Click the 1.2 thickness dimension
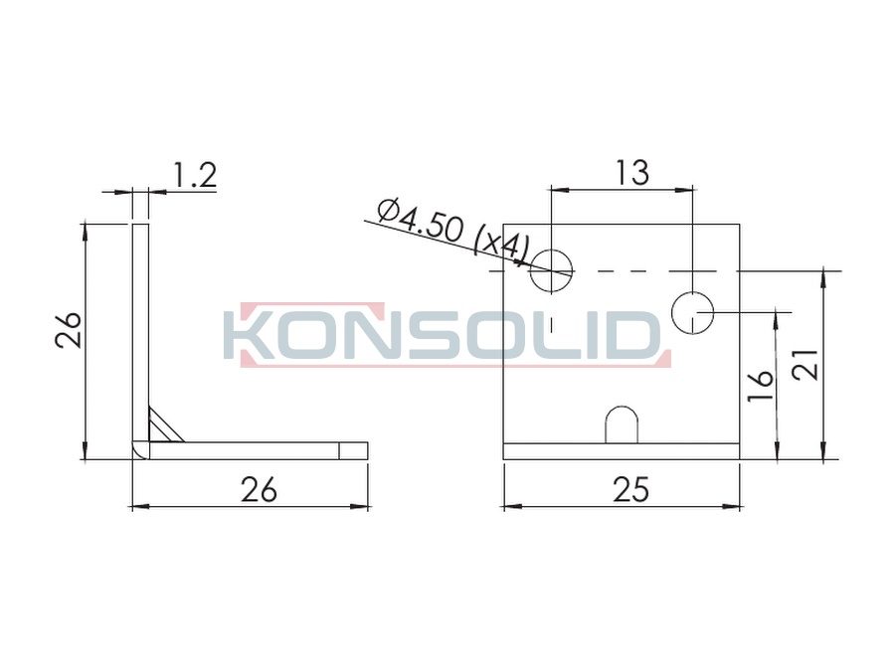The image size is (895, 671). coord(194,175)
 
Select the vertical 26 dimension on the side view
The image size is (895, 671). coord(69,329)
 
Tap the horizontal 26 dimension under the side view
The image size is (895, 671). coord(259,489)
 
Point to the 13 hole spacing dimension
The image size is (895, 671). coord(631,172)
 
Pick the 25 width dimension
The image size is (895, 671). coord(630,489)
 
